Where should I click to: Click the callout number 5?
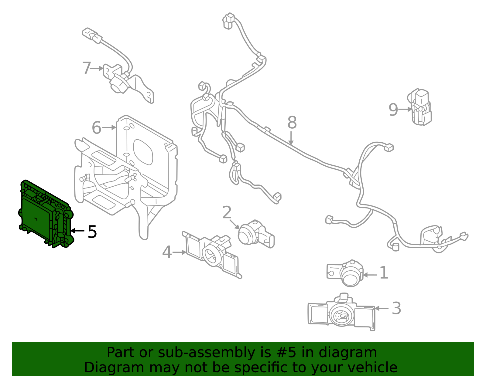(92, 232)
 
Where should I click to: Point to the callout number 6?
(96, 127)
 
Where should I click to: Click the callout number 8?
(292, 123)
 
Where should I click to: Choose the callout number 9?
(393, 110)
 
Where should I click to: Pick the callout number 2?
(227, 212)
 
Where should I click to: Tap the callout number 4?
(167, 252)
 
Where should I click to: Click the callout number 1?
(384, 272)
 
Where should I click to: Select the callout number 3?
(396, 308)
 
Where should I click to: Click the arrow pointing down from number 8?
(291, 138)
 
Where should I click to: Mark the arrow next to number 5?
(77, 231)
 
